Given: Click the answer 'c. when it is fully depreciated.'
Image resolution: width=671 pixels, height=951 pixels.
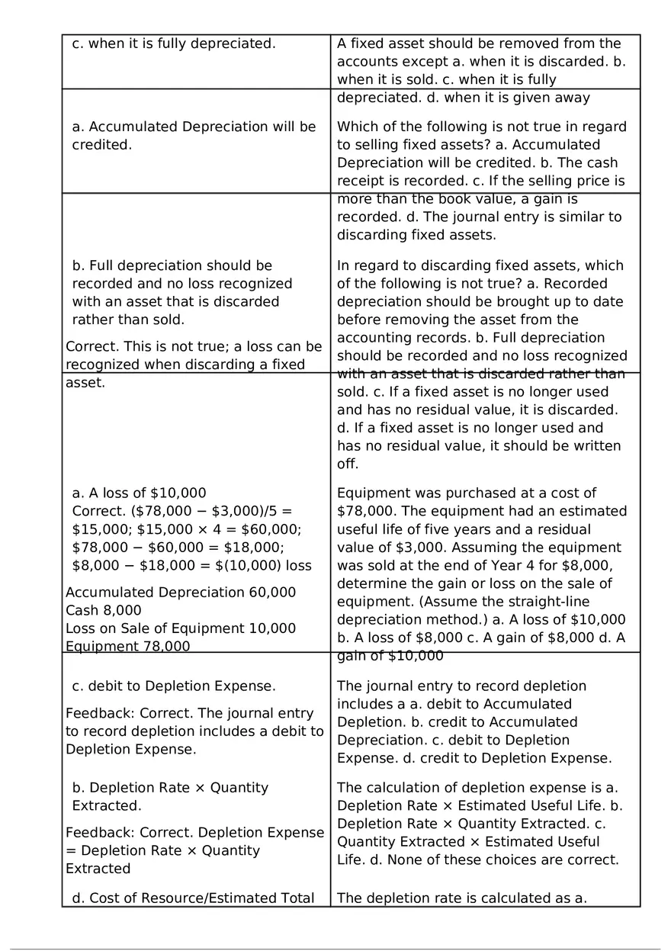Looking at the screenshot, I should click(173, 43).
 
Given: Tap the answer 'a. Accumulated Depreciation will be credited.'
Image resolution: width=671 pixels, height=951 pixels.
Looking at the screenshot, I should click(194, 135).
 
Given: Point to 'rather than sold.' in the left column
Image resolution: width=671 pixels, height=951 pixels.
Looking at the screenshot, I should click(128, 320).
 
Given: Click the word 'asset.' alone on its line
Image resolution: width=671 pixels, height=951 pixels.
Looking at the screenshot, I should click(85, 383).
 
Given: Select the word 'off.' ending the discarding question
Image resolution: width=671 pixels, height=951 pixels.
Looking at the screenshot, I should click(348, 464).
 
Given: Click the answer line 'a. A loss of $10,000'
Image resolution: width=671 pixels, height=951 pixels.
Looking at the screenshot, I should click(139, 493).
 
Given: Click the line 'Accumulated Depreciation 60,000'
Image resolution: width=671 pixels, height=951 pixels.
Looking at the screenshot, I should click(181, 593).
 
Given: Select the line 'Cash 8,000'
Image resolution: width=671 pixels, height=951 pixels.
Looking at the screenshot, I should click(104, 610).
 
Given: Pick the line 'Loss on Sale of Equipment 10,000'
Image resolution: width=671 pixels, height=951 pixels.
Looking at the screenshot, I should click(181, 628).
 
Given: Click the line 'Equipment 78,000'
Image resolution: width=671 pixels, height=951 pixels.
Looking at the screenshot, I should click(128, 646).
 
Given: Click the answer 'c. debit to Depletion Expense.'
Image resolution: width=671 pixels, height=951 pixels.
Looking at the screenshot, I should click(174, 686).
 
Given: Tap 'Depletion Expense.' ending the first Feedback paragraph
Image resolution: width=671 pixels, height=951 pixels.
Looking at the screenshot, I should click(131, 749).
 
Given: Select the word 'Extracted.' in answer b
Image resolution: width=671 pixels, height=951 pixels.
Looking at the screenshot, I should click(107, 805).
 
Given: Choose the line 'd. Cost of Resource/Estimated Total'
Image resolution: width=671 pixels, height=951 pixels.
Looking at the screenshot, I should click(193, 898).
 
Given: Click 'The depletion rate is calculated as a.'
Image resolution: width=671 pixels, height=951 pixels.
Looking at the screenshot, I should click(462, 898).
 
